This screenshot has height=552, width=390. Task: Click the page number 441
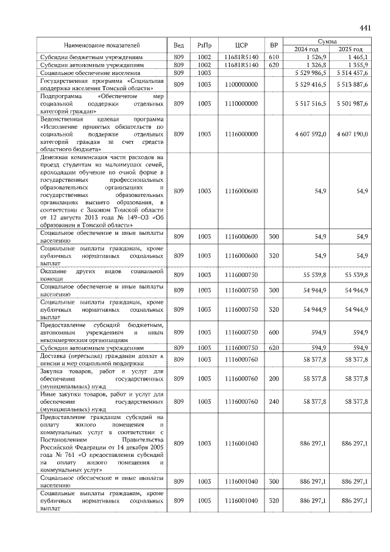click(365, 27)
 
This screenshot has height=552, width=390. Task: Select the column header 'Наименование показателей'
click(102, 45)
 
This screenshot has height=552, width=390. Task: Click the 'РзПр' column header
click(204, 45)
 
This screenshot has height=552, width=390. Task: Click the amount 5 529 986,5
click(309, 73)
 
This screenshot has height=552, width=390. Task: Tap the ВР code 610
click(274, 56)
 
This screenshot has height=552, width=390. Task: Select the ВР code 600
click(274, 332)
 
